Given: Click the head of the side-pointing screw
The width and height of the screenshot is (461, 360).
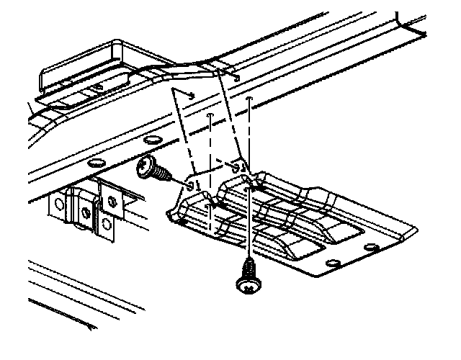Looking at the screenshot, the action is [x=148, y=166].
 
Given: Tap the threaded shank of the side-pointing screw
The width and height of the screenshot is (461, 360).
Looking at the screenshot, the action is [x=164, y=175].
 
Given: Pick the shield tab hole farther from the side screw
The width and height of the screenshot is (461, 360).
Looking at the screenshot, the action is [x=236, y=167].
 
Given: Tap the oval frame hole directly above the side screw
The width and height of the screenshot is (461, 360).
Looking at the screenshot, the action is [x=152, y=140].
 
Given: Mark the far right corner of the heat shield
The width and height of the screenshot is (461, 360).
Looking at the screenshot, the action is [x=416, y=229].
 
